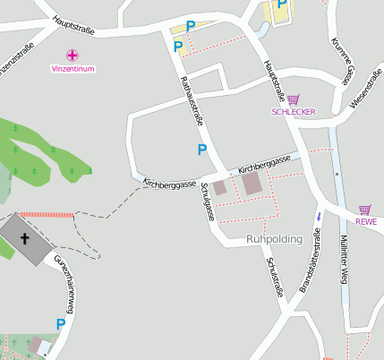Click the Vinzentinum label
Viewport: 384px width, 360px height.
(x=73, y=69)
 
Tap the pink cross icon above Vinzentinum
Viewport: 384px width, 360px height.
(x=73, y=56)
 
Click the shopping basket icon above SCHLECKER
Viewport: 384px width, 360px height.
(x=294, y=99)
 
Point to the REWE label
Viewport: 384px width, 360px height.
(x=365, y=221)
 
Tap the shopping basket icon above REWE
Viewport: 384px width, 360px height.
(x=365, y=209)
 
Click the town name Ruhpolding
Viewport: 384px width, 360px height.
(x=274, y=240)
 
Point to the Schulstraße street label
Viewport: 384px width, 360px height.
(x=274, y=277)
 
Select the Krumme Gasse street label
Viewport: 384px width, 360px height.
(x=342, y=63)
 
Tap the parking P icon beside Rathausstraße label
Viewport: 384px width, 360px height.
(x=202, y=150)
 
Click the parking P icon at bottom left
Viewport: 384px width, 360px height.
(x=61, y=324)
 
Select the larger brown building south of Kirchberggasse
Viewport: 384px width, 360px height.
(x=252, y=184)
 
